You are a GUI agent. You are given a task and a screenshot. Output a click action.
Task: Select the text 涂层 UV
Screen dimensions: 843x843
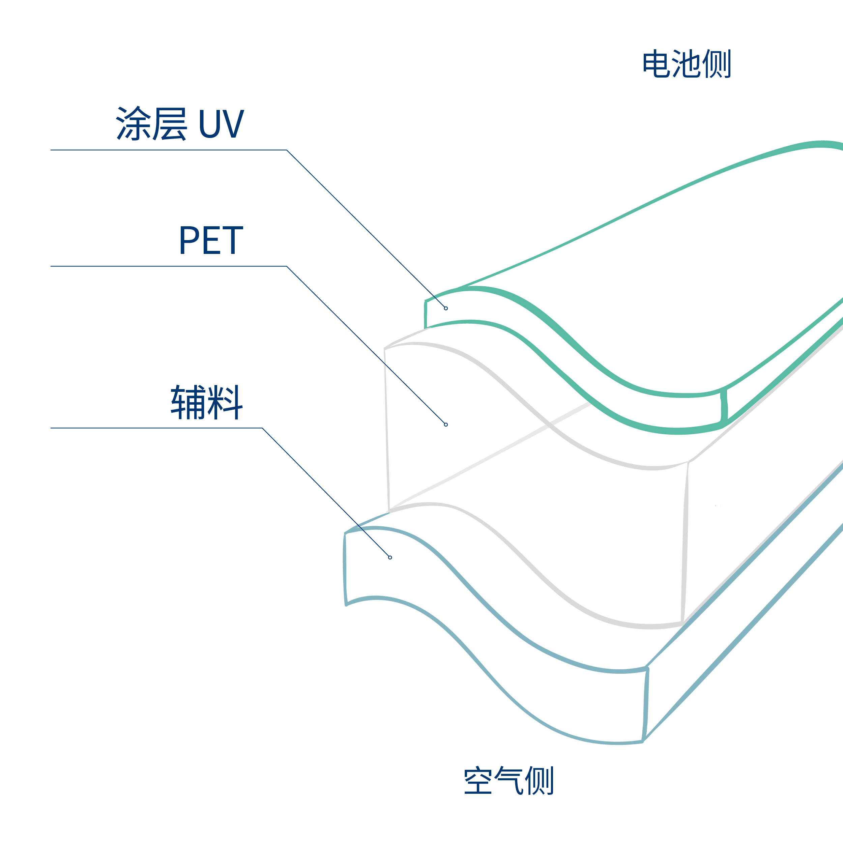180,123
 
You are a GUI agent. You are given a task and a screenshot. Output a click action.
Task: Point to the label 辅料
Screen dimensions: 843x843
206,402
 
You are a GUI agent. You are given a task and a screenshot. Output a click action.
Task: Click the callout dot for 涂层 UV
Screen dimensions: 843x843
446,309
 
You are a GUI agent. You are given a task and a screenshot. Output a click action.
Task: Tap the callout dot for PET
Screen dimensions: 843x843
446,425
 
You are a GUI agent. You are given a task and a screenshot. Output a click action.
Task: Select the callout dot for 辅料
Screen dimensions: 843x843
390,558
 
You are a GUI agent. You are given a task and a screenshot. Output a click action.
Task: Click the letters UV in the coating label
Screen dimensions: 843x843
221,124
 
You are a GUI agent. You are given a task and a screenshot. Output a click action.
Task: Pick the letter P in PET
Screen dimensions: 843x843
190,240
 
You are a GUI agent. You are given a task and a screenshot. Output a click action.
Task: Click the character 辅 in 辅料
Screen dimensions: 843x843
188,402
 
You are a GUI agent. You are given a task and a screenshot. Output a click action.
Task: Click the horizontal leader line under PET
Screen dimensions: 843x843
166,266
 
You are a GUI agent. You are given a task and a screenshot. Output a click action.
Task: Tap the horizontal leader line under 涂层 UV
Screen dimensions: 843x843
166,150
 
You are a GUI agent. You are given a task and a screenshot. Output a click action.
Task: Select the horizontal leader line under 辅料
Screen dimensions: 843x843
153,428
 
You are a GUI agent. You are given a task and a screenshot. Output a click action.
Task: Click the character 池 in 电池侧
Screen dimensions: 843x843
686,64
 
